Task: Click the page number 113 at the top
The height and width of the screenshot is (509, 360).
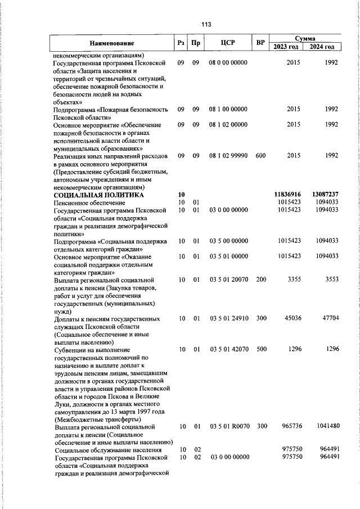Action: point(205,24)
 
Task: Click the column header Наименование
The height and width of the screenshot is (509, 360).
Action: point(111,43)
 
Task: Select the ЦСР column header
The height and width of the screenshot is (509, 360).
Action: point(228,43)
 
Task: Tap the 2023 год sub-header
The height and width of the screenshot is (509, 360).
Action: point(286,47)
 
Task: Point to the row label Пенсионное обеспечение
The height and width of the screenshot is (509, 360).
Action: point(90,202)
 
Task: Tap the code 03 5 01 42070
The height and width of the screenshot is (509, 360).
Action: point(228,349)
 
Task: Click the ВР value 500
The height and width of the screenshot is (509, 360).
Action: point(260,349)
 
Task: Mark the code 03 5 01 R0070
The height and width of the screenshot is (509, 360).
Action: point(228,427)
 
